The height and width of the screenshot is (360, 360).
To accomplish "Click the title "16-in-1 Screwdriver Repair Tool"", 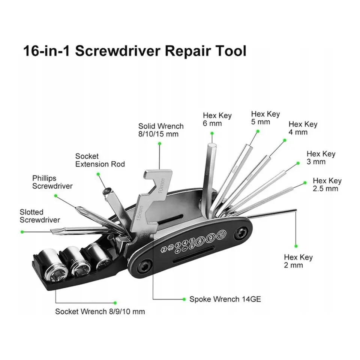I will [135, 51].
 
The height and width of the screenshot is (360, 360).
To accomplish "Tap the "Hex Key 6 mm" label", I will [217, 119].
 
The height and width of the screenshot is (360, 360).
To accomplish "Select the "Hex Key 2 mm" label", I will [298, 261].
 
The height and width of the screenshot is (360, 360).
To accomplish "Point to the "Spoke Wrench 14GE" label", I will [225, 299].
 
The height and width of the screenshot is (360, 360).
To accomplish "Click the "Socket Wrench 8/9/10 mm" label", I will [100, 311].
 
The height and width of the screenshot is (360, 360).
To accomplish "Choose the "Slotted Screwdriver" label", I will [40, 216].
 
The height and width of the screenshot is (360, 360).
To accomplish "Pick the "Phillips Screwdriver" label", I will [52, 181].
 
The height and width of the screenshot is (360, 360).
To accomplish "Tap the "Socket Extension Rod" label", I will [100, 160].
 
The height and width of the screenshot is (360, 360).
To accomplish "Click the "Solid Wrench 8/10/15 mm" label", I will [161, 130].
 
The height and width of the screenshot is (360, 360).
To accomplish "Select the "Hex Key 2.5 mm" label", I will [327, 184].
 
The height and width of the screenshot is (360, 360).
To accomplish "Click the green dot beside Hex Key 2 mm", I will [296, 246].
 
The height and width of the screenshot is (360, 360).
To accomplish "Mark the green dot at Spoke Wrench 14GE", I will [184, 299].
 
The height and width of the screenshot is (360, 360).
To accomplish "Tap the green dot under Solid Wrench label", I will [159, 143].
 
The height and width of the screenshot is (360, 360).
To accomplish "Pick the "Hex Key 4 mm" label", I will [303, 128].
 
